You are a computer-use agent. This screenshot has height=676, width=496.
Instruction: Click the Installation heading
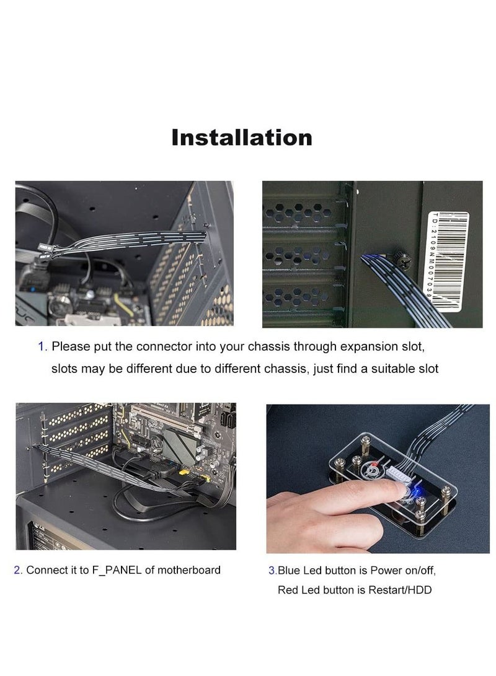pos(242,138)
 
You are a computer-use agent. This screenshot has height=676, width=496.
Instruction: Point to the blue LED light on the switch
pos(416,490)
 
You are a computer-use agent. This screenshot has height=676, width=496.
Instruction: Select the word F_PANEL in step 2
pos(117,571)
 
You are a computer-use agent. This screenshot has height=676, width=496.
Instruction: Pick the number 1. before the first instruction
pos(42,346)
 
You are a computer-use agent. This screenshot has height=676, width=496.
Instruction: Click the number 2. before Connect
pos(18,571)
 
